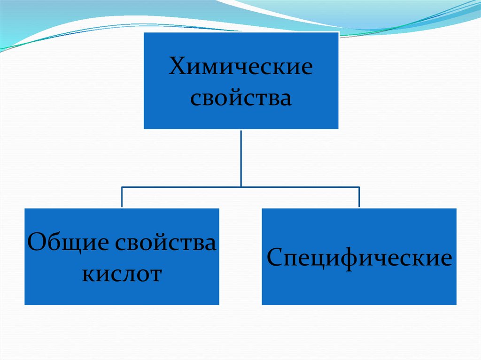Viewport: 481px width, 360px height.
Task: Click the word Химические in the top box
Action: pos(241,67)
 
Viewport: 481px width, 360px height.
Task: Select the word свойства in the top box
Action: pos(241,99)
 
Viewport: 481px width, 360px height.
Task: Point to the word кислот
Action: pos(122,274)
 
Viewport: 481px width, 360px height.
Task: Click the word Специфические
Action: pos(359,259)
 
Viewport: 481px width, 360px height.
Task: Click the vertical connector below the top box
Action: pos(241,157)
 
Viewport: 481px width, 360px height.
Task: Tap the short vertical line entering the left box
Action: pos(122,198)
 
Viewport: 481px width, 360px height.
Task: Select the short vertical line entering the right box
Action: pos(359,198)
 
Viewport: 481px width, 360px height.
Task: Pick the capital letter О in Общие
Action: pos(37,244)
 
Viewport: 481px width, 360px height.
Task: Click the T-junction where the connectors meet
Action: pos(241,187)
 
